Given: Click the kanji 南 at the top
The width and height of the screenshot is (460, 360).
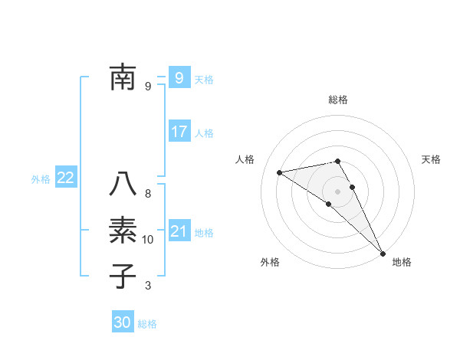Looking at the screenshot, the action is (123, 77).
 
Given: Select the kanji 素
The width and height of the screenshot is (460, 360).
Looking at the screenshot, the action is (123, 231).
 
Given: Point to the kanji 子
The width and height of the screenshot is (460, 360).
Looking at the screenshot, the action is (123, 276).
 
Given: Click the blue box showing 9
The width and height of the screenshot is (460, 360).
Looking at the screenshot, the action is (179, 77).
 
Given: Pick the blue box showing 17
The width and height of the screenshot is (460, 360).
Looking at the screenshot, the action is (179, 132).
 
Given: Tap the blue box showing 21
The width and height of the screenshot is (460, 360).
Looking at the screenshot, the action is (179, 231).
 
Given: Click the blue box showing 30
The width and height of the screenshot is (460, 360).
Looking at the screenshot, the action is (123, 322).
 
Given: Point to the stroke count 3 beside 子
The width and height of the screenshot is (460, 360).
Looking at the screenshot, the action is (148, 286).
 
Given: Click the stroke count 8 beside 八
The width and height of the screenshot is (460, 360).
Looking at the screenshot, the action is (148, 195).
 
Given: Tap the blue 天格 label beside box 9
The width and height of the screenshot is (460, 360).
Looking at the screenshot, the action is (204, 79).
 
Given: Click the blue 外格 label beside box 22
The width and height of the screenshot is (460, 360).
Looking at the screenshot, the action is (41, 179).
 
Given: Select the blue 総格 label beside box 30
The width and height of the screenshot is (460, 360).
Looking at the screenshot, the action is (147, 324).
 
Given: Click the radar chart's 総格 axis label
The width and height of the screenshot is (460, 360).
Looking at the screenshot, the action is (337, 100).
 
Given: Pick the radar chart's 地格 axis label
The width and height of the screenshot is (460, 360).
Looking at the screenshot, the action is (402, 263).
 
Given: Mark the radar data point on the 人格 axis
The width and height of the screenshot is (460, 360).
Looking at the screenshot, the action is (280, 172).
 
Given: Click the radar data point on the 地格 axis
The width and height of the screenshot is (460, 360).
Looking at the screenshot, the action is (382, 252).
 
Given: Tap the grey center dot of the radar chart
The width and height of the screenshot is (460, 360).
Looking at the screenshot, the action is (337, 190).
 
